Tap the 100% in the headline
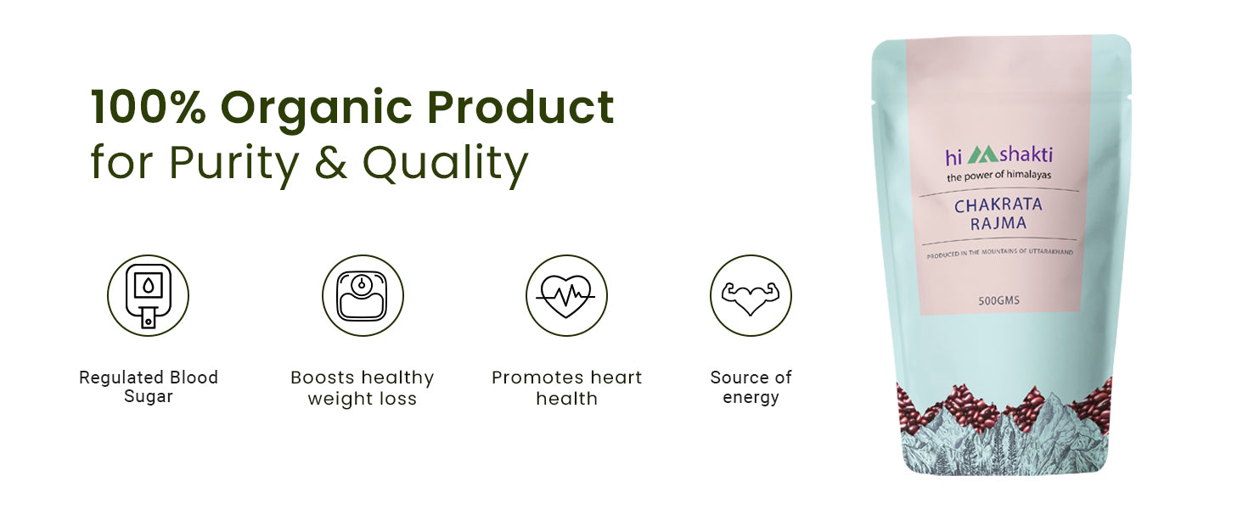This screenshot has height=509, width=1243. pyautogui.click(x=149, y=106)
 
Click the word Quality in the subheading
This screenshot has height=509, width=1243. pyautogui.click(x=445, y=165)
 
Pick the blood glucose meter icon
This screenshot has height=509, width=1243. pyautogui.click(x=149, y=295)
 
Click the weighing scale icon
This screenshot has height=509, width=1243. pyautogui.click(x=363, y=295)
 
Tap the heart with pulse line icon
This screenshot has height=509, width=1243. pyautogui.click(x=566, y=295)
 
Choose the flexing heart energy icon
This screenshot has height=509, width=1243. pyautogui.click(x=751, y=295)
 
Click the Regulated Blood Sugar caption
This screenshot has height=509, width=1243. pyautogui.click(x=149, y=387)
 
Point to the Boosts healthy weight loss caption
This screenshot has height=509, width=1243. pyautogui.click(x=363, y=389)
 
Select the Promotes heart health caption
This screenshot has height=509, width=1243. pyautogui.click(x=566, y=389)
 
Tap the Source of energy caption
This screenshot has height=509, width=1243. pyautogui.click(x=751, y=387)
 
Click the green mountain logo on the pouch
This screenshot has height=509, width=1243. pyautogui.click(x=982, y=154)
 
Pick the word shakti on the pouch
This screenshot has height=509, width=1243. pyautogui.click(x=1026, y=154)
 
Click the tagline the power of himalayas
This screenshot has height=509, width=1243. pyautogui.click(x=998, y=176)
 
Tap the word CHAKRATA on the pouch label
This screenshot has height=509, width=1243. pyautogui.click(x=998, y=205)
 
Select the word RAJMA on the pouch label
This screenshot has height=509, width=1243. pyautogui.click(x=998, y=223)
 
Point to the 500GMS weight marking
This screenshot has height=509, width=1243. pyautogui.click(x=998, y=300)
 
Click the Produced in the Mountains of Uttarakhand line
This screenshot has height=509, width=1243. pyautogui.click(x=1000, y=253)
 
